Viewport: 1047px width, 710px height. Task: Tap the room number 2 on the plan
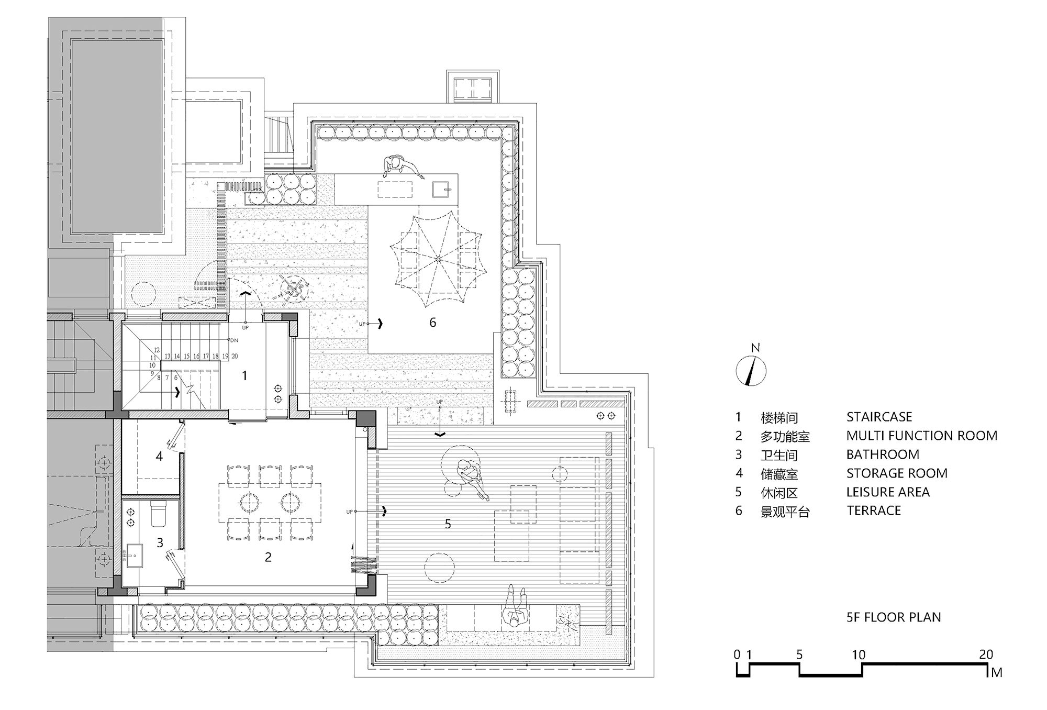point(268,557)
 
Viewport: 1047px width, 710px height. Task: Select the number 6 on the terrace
point(432,323)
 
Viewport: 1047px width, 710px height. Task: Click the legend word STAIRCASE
point(879,417)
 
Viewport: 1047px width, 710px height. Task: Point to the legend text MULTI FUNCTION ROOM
point(921,436)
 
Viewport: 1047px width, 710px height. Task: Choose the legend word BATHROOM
point(883,454)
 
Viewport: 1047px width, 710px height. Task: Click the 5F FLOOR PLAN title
point(894,617)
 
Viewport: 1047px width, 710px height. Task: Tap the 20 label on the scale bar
point(986,654)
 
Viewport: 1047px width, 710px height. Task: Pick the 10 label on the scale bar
point(859,654)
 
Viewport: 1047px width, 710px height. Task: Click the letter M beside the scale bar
point(996,673)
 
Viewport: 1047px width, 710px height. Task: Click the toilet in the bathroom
point(158,514)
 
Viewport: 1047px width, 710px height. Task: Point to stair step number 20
point(235,356)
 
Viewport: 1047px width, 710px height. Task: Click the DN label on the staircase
point(234,340)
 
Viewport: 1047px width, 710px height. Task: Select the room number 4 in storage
point(159,457)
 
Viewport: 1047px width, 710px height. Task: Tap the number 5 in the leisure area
point(448,524)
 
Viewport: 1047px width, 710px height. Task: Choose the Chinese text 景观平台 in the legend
point(785,512)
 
